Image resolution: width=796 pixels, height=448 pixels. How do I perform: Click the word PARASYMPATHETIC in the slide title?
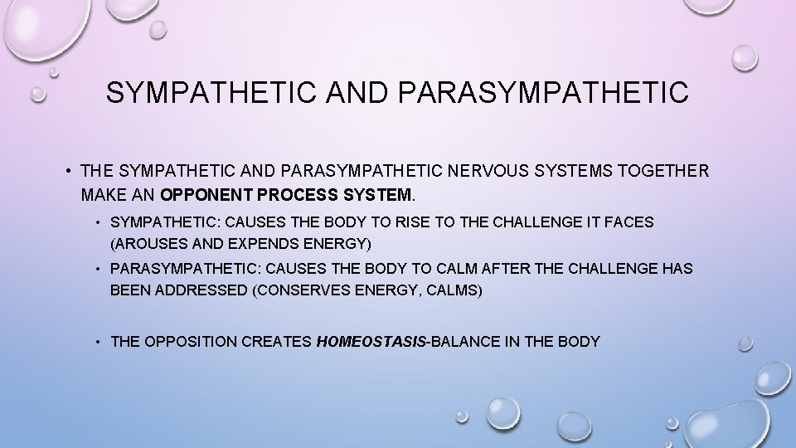(x=544, y=92)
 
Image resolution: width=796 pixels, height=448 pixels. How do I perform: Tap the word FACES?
(x=631, y=222)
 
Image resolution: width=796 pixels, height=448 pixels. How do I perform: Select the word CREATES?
(x=273, y=341)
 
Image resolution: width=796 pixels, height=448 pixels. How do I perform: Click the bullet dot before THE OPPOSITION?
(x=99, y=341)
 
